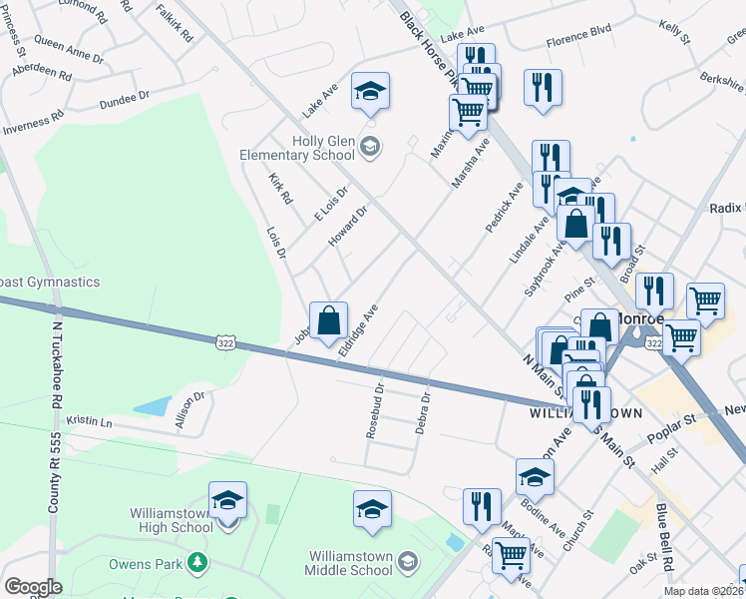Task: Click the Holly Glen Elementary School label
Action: click(297, 148)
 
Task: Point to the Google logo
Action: click(33, 587)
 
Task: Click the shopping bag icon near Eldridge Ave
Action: click(329, 321)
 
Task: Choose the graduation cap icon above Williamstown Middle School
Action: click(372, 509)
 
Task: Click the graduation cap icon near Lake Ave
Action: click(371, 93)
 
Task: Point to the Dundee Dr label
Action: click(123, 99)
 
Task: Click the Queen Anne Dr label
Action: click(68, 45)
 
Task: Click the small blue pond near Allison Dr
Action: click(152, 405)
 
